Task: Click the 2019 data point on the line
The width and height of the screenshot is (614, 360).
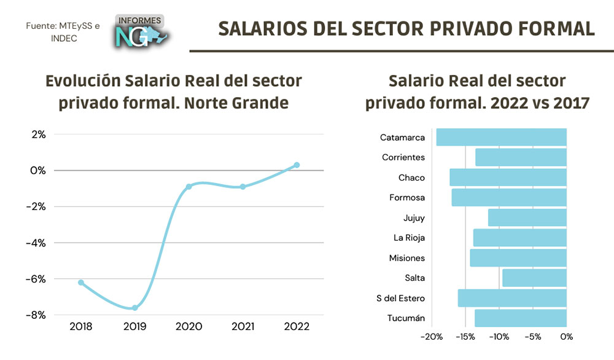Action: tap(135, 308)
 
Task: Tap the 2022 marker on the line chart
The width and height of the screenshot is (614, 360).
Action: tap(297, 165)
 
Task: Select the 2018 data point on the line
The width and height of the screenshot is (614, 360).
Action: tap(81, 283)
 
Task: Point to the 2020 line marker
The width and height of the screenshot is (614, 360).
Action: tap(188, 186)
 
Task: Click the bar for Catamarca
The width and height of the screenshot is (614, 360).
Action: tap(501, 137)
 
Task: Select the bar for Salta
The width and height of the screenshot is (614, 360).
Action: tap(534, 278)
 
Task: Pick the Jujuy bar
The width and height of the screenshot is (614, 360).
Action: tap(527, 217)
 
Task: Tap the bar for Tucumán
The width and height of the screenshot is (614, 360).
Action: tap(520, 318)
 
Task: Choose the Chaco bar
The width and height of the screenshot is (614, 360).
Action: tap(508, 178)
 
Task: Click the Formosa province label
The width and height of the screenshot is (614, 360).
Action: tap(407, 198)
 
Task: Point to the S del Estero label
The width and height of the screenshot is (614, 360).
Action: tap(400, 299)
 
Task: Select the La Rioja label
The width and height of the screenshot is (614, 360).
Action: tap(409, 238)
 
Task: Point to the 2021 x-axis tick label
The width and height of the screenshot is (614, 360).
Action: tap(243, 327)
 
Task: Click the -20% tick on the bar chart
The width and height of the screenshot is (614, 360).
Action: tap(432, 337)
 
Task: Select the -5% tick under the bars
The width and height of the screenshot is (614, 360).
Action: tap(532, 337)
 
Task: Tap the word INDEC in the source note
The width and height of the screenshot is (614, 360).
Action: tap(64, 38)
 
